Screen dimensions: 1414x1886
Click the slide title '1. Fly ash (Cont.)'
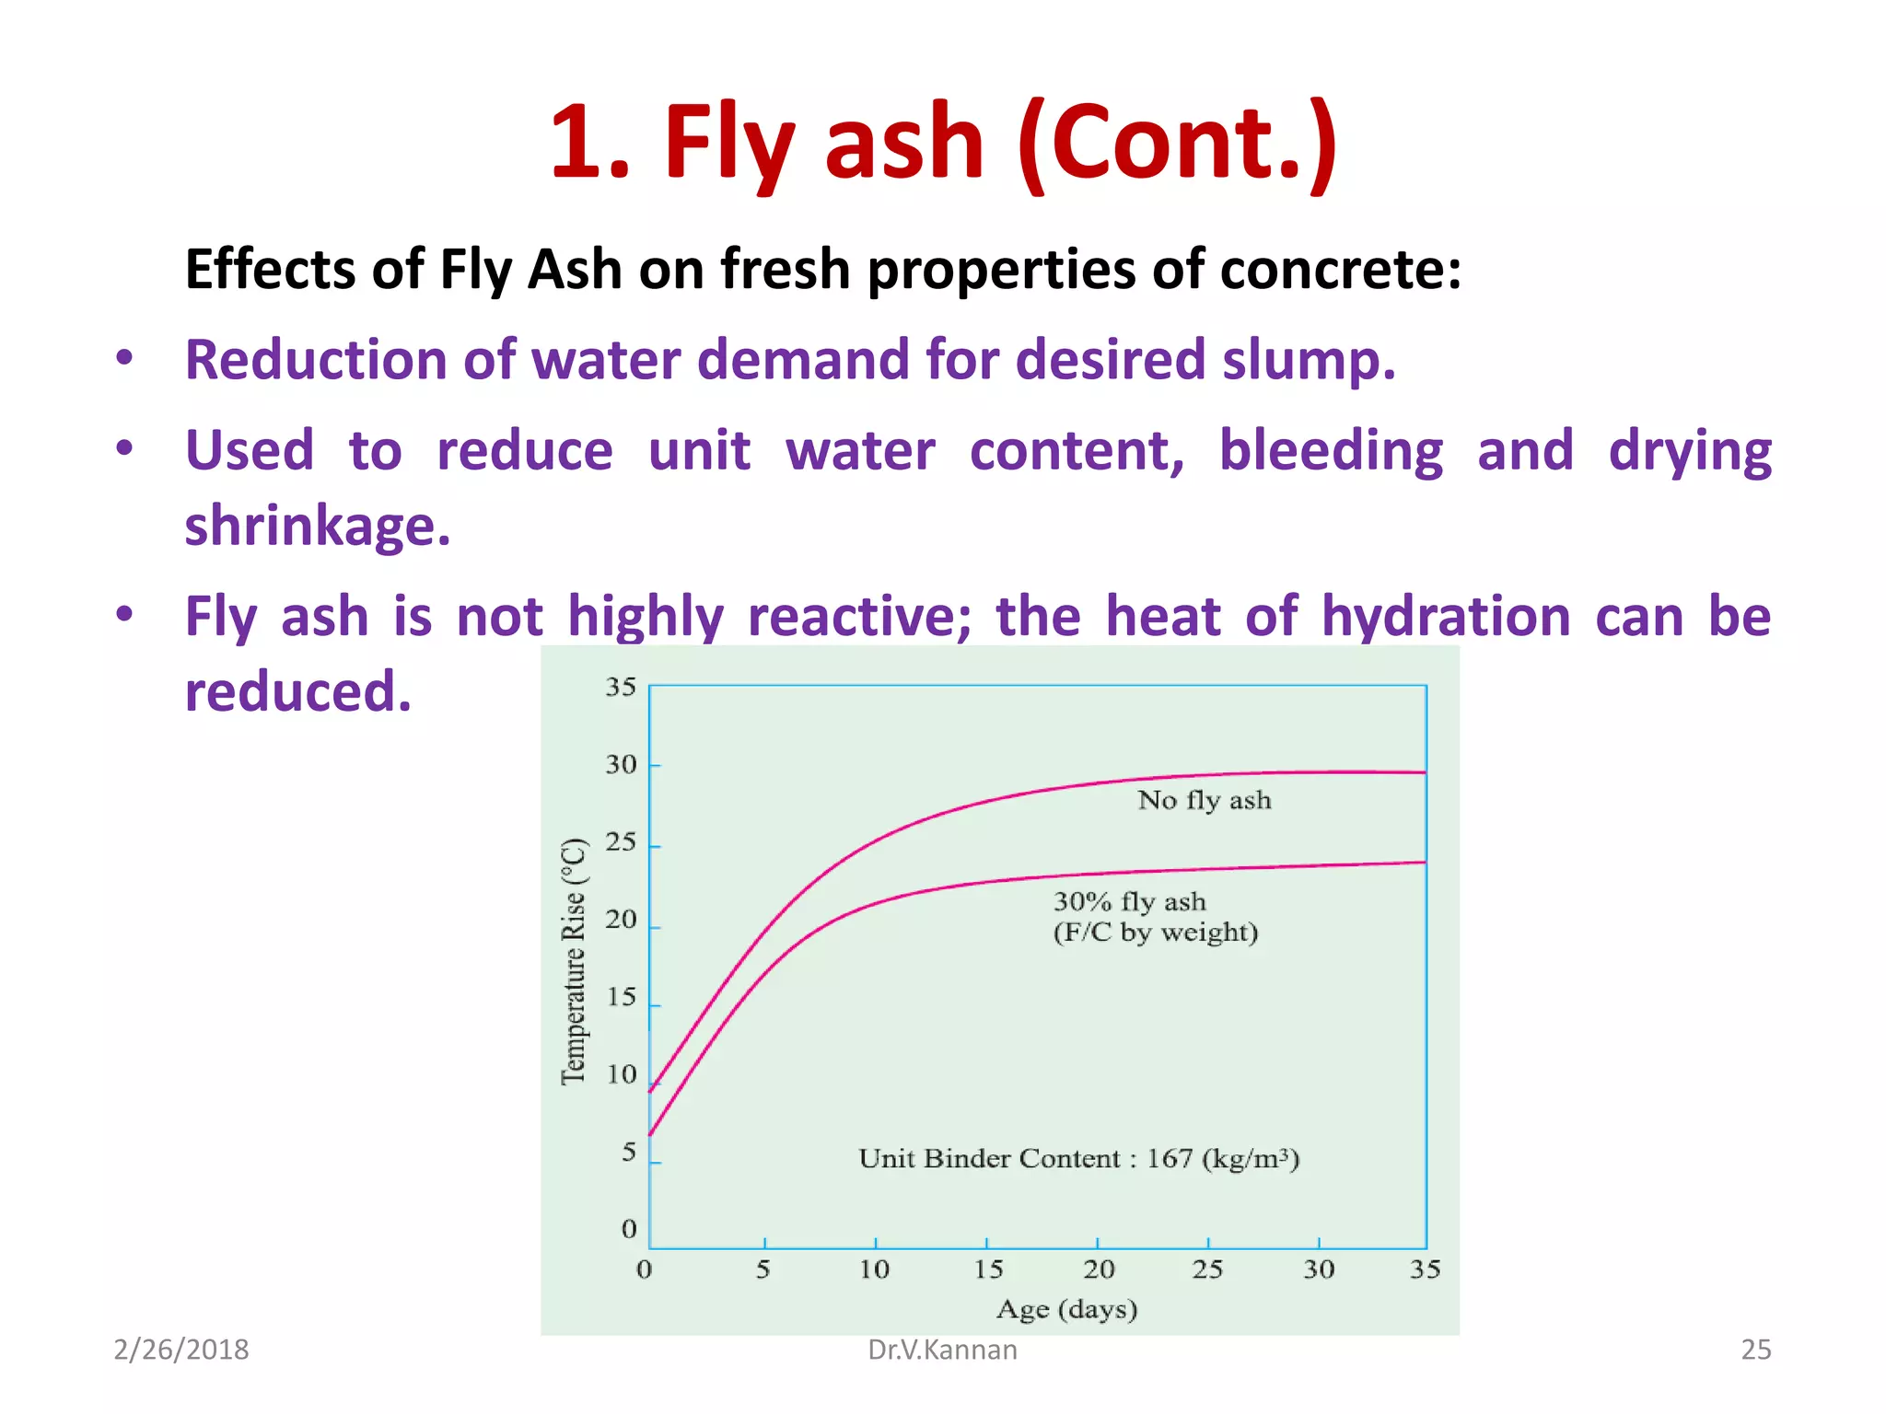[x=943, y=143]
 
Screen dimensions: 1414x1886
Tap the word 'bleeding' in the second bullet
[x=1331, y=451]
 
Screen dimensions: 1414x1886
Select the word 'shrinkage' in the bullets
[x=317, y=527]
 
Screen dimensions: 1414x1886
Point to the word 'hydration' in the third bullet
[x=1446, y=616]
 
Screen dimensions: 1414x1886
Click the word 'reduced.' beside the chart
[x=297, y=692]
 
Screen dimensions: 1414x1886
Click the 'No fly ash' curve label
[x=1204, y=800]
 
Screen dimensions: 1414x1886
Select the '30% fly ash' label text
[x=1129, y=901]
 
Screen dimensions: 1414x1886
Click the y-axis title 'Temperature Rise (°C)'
[x=574, y=961]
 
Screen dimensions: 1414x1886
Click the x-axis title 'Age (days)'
[x=1066, y=1309]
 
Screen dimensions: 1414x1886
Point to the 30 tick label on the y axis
[x=621, y=765]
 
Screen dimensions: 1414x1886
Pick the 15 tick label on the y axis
[x=622, y=998]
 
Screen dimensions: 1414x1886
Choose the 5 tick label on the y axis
[x=629, y=1153]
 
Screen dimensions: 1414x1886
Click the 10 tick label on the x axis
[x=874, y=1270]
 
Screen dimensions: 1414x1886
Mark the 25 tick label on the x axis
[x=1207, y=1270]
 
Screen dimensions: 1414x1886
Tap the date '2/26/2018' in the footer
[x=180, y=1350]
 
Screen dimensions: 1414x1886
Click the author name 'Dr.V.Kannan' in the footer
[x=942, y=1350]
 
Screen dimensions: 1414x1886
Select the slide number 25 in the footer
[x=1755, y=1350]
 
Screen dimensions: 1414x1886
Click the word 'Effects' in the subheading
[x=270, y=270]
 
